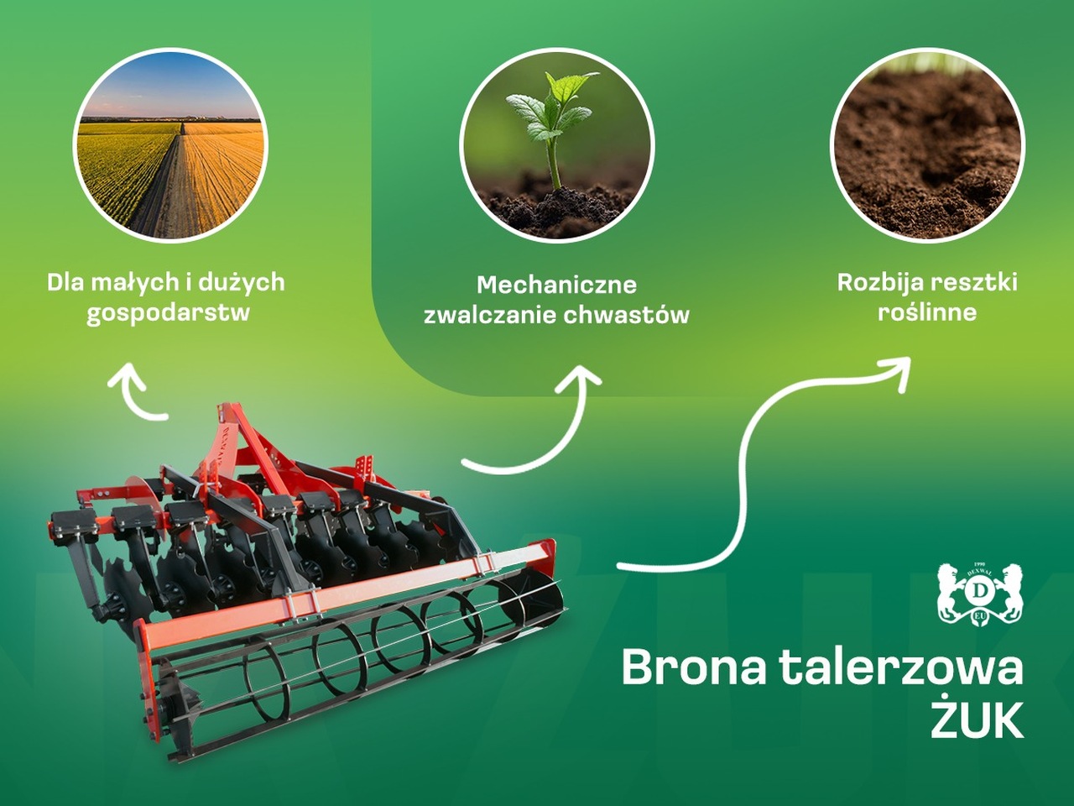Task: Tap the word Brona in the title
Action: click(x=693, y=668)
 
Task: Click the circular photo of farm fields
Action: click(x=169, y=144)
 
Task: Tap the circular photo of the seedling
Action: click(x=556, y=144)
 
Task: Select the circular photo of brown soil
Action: click(x=927, y=144)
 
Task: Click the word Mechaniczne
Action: click(x=557, y=285)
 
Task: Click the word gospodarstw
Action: click(x=169, y=313)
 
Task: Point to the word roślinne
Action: click(x=927, y=312)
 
